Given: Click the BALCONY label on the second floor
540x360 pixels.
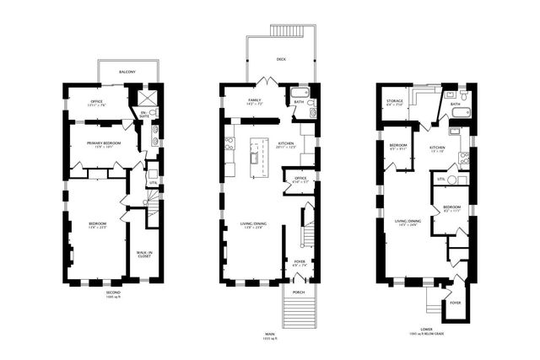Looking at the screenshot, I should tap(127, 73).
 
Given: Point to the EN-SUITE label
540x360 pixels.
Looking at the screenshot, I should tap(144, 112).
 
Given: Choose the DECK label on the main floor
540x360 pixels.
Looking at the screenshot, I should tap(281, 60).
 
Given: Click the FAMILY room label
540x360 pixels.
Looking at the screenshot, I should tap(254, 100).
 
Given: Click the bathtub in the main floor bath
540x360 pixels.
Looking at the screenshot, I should tap(301, 93).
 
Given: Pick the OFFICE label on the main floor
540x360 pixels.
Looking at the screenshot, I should tap(300, 178).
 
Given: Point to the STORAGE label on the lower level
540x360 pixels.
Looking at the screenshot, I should tap(394, 100).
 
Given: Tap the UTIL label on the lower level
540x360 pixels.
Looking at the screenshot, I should tap(441, 180).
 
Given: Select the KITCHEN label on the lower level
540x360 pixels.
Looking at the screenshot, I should tap(437, 148).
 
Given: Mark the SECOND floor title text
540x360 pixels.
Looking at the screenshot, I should tap(113, 293).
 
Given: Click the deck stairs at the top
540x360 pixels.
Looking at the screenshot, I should tap(286, 31).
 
